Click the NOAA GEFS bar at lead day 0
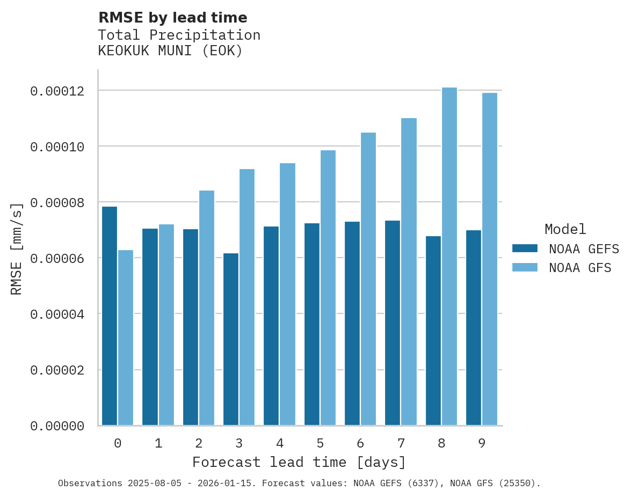tap(110, 316)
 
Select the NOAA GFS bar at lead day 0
tap(126, 338)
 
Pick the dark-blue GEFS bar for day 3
tap(231, 339)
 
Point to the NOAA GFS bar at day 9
tap(490, 259)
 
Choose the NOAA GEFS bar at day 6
tap(352, 324)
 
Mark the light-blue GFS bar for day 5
tap(328, 288)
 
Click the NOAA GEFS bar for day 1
tap(150, 327)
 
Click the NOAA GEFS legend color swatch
tap(525, 248)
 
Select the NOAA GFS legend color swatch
tap(525, 267)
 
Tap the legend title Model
tap(565, 229)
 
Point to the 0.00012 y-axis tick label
tap(57, 91)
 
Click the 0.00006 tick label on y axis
tap(57, 259)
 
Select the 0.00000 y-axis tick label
tap(57, 426)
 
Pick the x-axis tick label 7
tap(401, 443)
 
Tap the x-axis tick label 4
tap(279, 443)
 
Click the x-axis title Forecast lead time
tap(299, 462)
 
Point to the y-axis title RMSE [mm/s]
tap(17, 248)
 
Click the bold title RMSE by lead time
tap(172, 18)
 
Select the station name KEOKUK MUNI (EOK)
tap(170, 51)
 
